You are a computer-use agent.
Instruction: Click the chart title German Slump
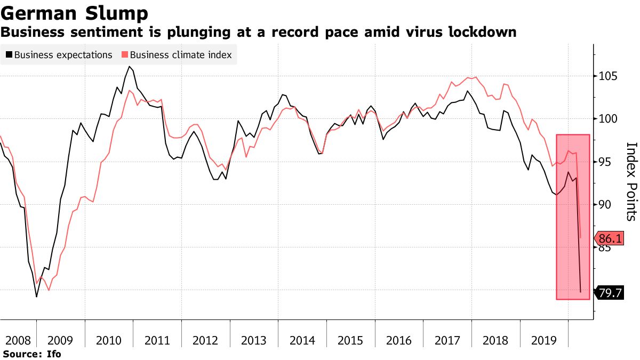coord(74,13)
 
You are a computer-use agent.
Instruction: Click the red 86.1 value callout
coord(609,238)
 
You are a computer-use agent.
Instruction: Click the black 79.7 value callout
coord(609,292)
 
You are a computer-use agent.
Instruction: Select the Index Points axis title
coord(631,181)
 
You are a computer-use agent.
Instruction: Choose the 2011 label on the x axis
coord(157,340)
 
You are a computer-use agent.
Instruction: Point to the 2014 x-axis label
coord(302,340)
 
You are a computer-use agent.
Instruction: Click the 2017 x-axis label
coord(447,340)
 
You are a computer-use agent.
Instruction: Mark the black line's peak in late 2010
coord(130,67)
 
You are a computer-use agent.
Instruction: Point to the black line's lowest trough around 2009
coord(36,297)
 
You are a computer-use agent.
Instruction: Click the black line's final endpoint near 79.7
coord(580,292)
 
